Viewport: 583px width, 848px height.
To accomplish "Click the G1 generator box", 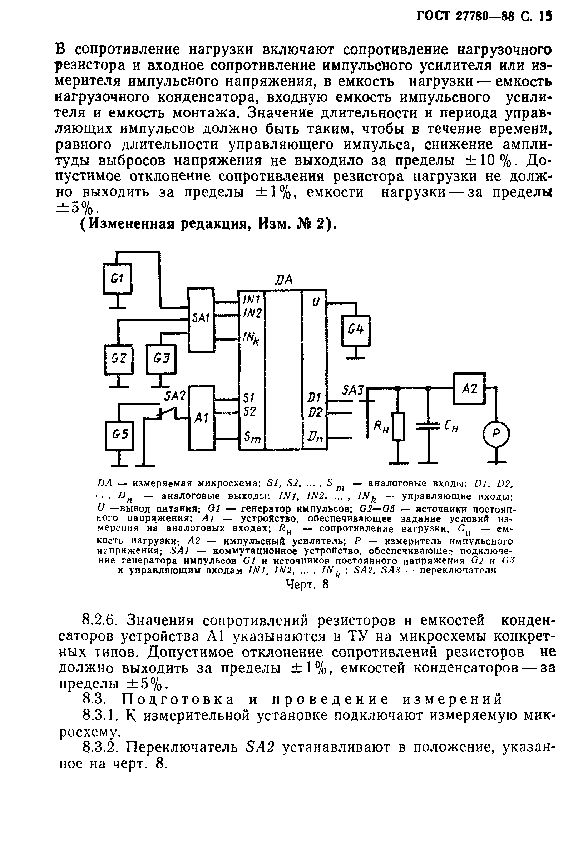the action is click(117, 279).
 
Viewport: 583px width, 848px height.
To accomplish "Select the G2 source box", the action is click(119, 359).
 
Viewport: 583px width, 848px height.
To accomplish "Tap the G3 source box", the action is click(160, 359).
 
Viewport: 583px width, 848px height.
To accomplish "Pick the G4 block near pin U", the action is click(355, 330).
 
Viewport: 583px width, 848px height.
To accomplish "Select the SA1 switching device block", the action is click(201, 320).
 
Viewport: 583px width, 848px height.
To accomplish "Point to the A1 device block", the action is click(201, 418).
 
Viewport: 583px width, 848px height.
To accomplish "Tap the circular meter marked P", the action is click(496, 433).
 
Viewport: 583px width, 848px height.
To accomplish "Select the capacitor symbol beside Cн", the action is click(429, 426).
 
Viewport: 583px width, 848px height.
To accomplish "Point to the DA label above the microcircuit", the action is click(283, 280).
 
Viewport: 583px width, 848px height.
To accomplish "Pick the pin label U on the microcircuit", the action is click(316, 302).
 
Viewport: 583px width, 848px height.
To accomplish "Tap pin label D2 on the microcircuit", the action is click(315, 412).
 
